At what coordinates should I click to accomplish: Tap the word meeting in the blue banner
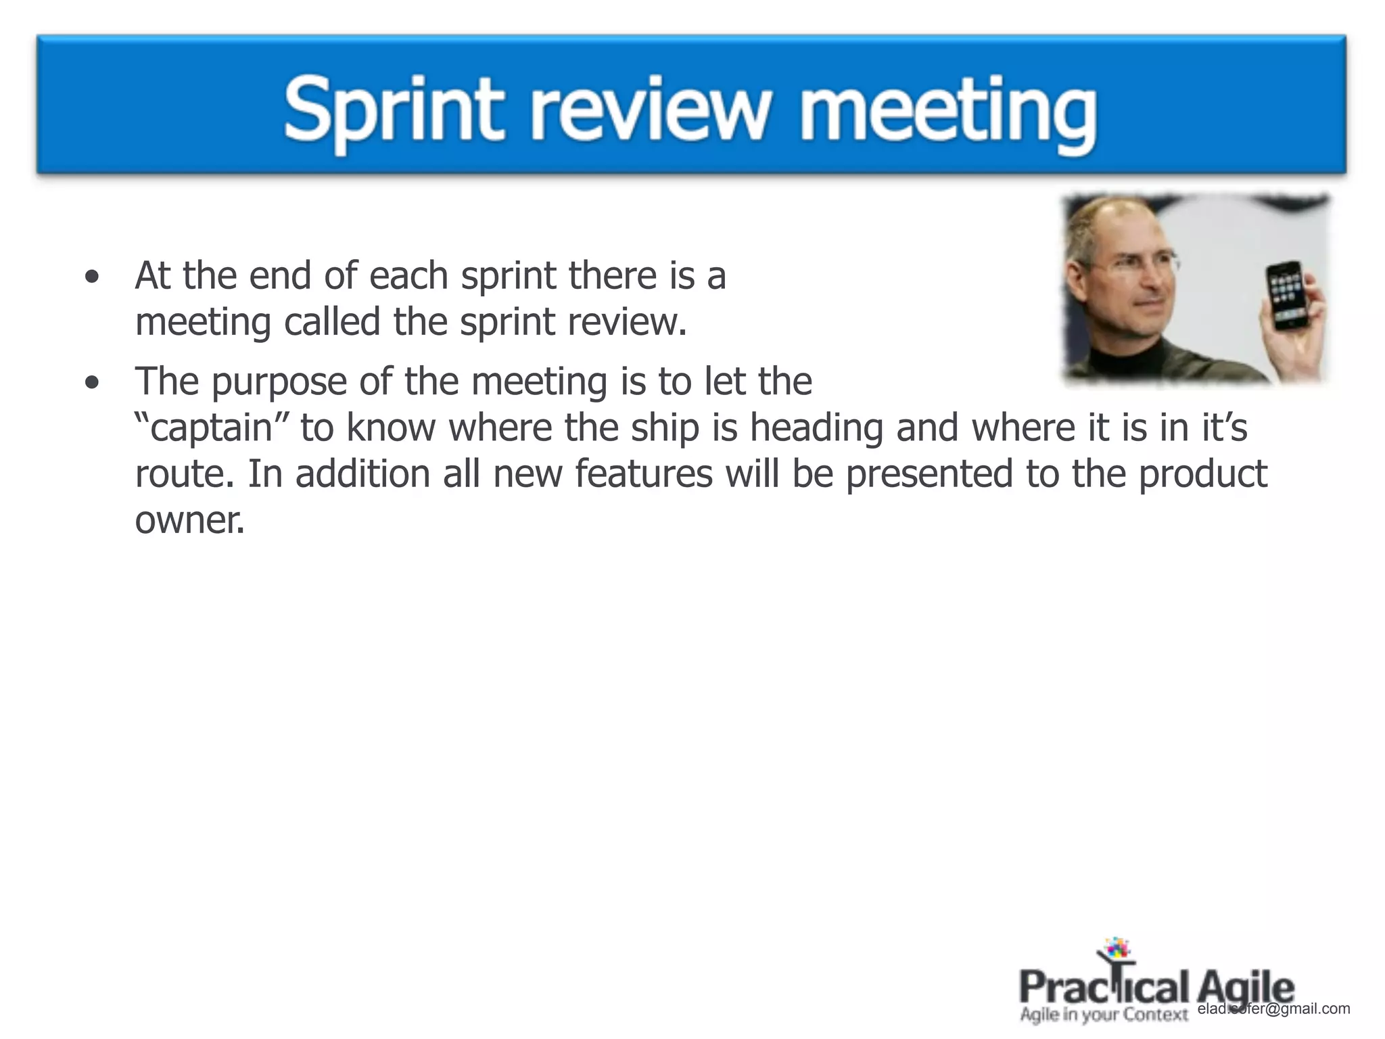click(947, 112)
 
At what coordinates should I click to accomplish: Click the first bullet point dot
click(92, 277)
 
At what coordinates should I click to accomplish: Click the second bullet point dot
click(92, 384)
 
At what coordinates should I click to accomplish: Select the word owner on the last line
click(189, 519)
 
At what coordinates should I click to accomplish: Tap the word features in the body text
click(644, 474)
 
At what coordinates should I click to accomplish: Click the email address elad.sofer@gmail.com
click(1273, 1009)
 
